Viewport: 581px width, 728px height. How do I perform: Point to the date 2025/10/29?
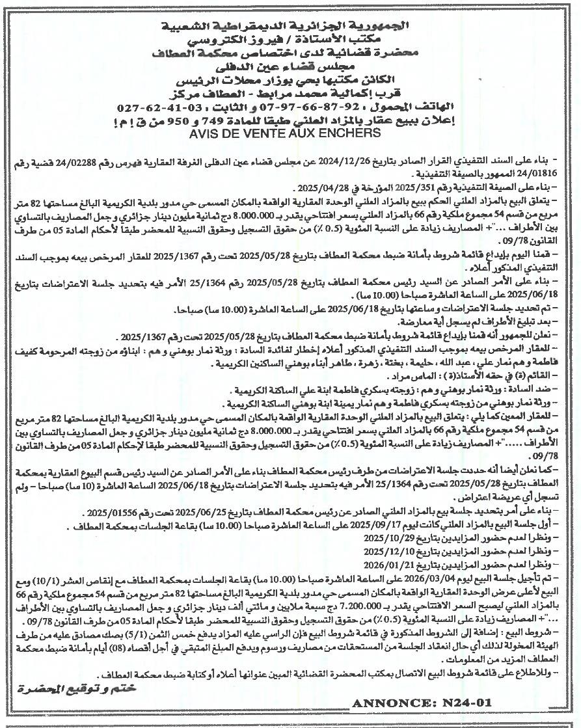click(383, 538)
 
